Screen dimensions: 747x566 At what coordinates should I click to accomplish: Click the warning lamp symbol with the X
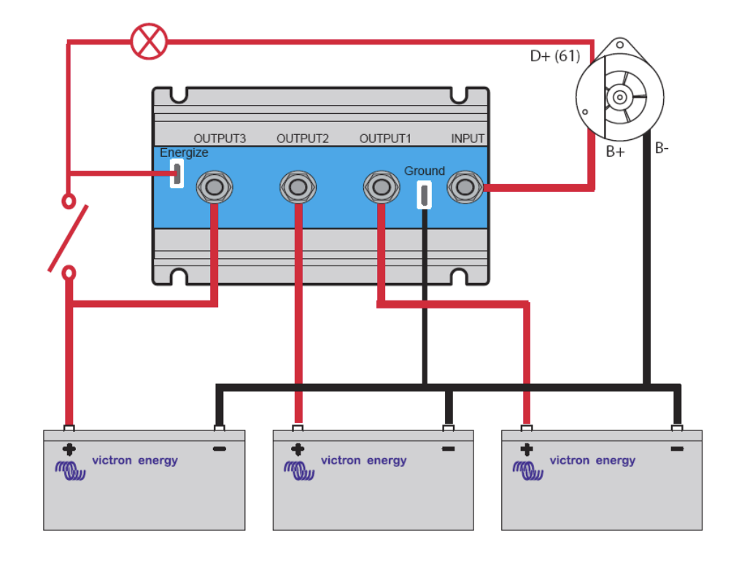[149, 42]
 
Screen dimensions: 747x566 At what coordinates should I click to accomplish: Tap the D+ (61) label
[555, 56]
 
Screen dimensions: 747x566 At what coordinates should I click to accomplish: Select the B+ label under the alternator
[615, 152]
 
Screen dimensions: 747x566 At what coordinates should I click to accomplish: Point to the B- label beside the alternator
[662, 148]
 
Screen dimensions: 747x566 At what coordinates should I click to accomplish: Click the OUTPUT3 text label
[220, 139]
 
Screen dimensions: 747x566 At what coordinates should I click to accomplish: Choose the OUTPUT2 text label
[303, 139]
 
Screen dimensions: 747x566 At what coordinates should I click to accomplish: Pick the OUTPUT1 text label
[385, 139]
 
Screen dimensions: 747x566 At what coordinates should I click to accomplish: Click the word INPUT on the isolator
[468, 139]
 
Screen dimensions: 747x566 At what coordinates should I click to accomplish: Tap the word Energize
[184, 153]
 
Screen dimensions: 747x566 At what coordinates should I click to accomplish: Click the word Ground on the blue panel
[425, 171]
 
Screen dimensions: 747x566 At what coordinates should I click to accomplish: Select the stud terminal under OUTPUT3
[214, 187]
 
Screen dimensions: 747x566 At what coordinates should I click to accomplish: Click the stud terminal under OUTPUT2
[298, 187]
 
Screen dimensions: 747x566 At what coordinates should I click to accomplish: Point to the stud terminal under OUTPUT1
[381, 187]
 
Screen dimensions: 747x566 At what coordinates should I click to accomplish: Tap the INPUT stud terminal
[465, 187]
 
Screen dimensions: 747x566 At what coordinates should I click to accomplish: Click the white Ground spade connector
[424, 195]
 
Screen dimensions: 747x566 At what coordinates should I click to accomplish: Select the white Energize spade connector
[177, 173]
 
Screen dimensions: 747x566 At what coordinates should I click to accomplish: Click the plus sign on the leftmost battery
[69, 449]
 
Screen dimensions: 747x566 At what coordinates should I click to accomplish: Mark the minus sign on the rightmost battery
[677, 449]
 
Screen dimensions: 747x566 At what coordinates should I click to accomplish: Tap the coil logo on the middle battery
[299, 470]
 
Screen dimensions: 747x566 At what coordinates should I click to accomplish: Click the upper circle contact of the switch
[69, 201]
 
